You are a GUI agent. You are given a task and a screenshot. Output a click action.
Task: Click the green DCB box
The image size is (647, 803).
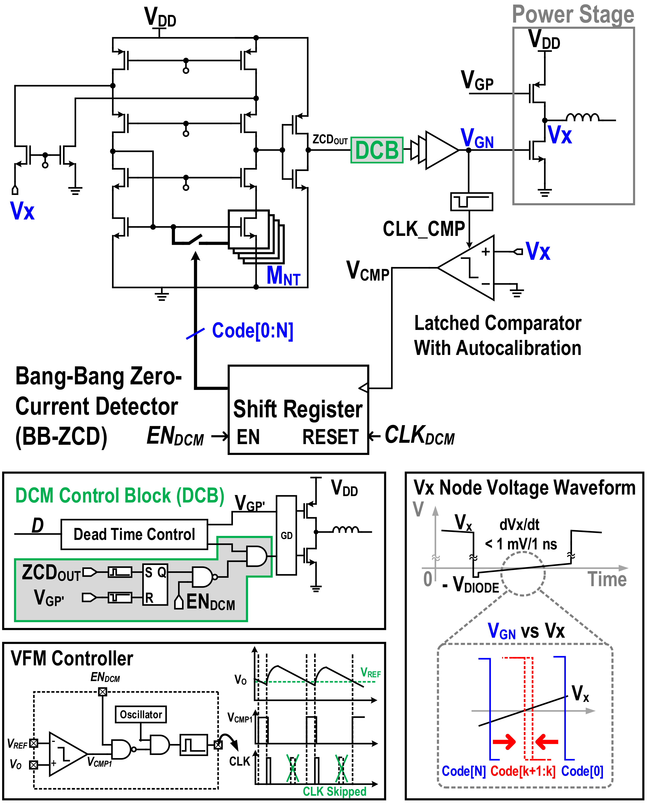377,150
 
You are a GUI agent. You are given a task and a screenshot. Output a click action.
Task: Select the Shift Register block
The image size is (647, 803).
298,409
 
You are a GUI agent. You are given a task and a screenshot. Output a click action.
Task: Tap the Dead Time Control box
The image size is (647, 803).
134,534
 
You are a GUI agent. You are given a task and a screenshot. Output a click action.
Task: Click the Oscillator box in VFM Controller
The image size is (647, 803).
140,714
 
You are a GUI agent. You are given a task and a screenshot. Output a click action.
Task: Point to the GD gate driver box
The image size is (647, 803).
286,535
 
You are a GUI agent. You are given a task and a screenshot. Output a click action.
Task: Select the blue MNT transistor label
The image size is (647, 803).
283,276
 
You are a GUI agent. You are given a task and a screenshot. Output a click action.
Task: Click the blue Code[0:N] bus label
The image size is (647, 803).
253,331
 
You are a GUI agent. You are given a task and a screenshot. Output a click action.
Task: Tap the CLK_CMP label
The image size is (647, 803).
424,229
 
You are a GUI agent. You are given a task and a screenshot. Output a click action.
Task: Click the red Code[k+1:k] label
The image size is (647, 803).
522,771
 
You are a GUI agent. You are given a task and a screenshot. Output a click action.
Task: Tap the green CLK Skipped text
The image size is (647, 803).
334,791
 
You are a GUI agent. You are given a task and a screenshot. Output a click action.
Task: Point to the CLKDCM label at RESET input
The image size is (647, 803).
420,435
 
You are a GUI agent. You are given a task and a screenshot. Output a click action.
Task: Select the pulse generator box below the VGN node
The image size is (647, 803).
471,202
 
